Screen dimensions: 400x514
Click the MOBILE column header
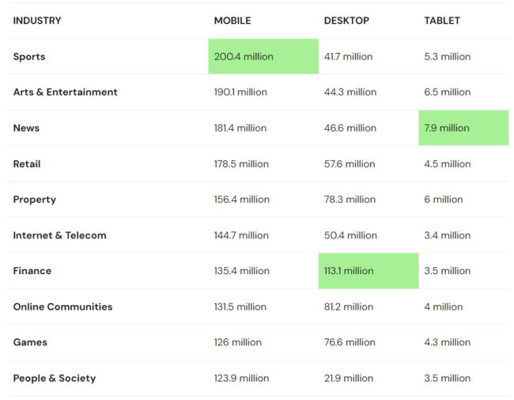(232, 21)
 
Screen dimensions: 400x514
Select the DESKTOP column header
(346, 21)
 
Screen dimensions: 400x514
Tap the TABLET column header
(442, 21)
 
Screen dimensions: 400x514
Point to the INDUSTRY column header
(37, 21)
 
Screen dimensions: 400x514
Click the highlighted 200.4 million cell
(244, 57)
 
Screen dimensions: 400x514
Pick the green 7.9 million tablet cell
(447, 128)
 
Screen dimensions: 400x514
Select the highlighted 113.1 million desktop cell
(349, 271)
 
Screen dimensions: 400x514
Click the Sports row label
(29, 57)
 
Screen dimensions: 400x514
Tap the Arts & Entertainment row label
(65, 93)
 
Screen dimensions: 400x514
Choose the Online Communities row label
(62, 307)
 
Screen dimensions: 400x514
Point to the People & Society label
(55, 379)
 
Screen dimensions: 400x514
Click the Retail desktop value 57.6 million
(350, 164)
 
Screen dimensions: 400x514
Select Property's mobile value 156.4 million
(241, 200)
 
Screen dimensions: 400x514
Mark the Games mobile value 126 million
(236, 342)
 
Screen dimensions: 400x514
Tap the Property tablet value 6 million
(444, 200)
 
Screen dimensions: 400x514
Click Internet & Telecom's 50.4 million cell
(350, 235)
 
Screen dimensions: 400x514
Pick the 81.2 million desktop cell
(349, 307)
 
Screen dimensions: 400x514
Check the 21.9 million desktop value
(349, 379)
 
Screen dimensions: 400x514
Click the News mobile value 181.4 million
(241, 128)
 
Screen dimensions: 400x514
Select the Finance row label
(32, 271)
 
